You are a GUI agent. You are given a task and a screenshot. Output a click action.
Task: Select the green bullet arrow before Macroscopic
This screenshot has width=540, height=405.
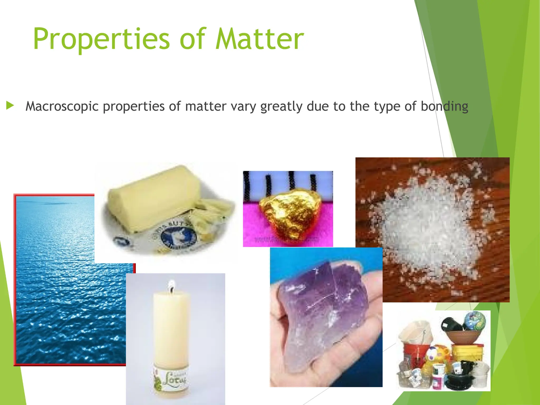click(x=10, y=106)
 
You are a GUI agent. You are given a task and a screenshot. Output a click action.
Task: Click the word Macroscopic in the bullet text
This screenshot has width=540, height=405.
click(x=62, y=106)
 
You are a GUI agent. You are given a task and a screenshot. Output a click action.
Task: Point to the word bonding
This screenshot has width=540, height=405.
click(x=444, y=106)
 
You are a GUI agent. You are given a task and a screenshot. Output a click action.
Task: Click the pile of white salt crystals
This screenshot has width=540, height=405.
click(x=427, y=224)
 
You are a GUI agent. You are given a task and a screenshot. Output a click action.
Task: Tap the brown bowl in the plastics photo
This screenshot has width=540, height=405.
click(x=463, y=337)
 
